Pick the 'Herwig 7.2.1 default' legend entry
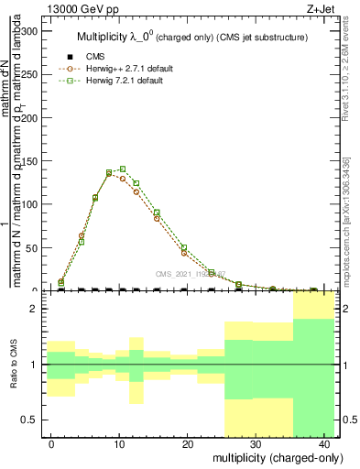[125, 81]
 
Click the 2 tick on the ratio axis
[37, 309]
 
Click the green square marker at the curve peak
[123, 169]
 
